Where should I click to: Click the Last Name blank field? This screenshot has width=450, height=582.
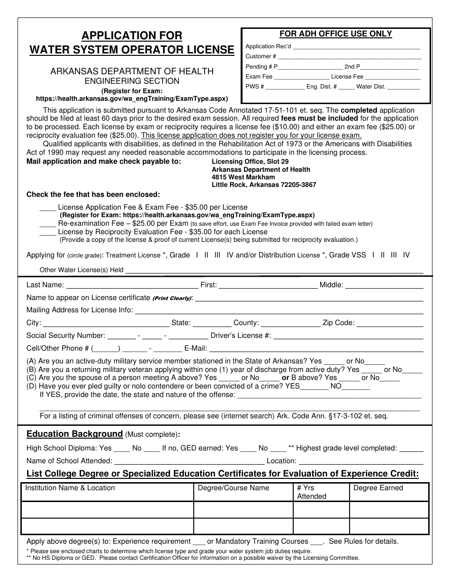point(132,285)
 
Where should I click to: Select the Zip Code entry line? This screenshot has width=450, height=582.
point(390,324)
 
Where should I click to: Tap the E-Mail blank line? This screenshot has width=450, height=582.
point(316,349)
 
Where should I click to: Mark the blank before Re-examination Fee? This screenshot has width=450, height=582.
point(47,223)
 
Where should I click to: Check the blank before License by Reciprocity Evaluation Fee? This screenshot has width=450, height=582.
point(47,232)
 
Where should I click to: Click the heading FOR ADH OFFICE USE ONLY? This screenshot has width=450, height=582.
point(335,34)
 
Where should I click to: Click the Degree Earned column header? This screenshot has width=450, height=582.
point(378,488)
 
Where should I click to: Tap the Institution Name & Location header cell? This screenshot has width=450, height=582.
point(70,488)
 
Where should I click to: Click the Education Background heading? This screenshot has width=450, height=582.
point(74,434)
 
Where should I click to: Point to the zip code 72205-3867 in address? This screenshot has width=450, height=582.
point(296,185)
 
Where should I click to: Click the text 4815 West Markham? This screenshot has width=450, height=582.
point(243,177)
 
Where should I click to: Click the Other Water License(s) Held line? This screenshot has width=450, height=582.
point(274,270)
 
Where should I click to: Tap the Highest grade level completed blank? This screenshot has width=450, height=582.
point(411,448)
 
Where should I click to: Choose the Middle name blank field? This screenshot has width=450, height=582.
point(384,285)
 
